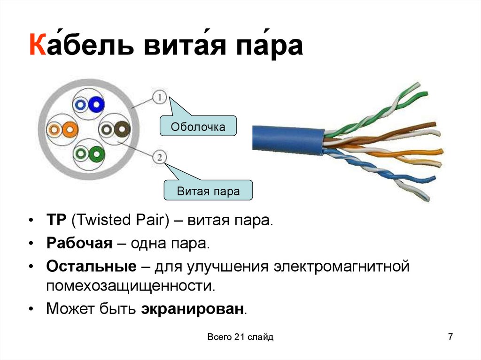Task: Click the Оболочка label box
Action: click(x=198, y=127)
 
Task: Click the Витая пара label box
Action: click(x=208, y=191)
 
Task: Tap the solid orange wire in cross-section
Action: click(x=69, y=128)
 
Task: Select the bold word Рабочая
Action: click(x=79, y=244)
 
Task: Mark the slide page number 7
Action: click(x=450, y=337)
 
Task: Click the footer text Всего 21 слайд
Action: click(x=240, y=337)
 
